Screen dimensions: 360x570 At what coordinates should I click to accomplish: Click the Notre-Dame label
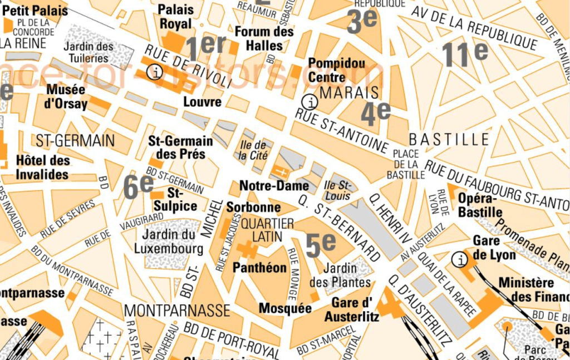coord(274,186)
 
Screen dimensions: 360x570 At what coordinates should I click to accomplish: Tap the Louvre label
coord(203,102)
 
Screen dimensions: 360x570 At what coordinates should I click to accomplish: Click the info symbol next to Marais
coord(309,101)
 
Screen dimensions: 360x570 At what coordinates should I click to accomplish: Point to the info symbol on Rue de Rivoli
coord(155,71)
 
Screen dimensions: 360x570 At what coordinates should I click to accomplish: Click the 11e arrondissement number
coord(465,55)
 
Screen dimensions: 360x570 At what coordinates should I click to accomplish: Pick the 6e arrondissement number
coord(138,186)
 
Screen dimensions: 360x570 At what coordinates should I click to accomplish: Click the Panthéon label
coord(259,268)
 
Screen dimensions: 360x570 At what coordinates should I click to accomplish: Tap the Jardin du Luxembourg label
coord(169,241)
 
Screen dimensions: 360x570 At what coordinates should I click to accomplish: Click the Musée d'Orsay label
coord(66,97)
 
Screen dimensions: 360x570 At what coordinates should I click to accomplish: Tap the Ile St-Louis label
coord(337,190)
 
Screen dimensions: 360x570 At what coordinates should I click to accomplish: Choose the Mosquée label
coord(285,308)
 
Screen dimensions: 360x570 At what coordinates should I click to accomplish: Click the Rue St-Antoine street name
coord(341,131)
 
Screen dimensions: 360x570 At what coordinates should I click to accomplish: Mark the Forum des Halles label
coord(264,38)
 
